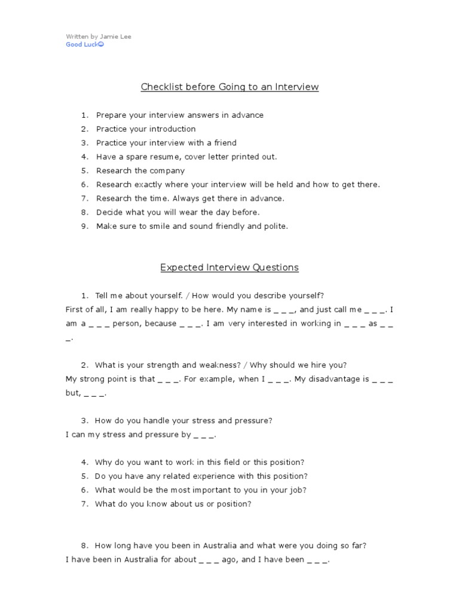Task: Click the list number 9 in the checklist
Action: pyautogui.click(x=84, y=227)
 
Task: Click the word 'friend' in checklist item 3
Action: pyautogui.click(x=224, y=143)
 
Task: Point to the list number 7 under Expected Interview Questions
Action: pyautogui.click(x=84, y=504)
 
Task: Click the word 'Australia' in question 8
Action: pyautogui.click(x=220, y=546)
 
